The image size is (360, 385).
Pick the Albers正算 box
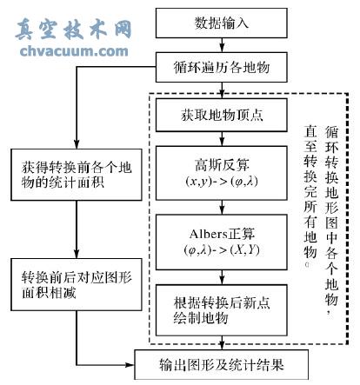(x=222, y=241)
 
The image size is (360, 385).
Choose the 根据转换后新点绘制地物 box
(x=222, y=310)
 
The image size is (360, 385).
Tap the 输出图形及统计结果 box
(x=222, y=364)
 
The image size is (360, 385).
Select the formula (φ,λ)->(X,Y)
(x=222, y=251)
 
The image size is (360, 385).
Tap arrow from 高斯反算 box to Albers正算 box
(x=222, y=208)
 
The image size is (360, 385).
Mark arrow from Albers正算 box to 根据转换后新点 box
(x=222, y=277)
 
